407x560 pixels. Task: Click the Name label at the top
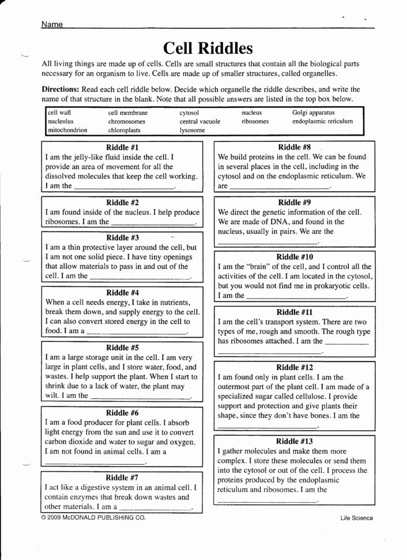pos(51,25)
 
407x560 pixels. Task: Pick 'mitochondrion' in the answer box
pos(67,130)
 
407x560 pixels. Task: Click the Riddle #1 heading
pos(123,148)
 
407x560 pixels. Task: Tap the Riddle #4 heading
pos(123,293)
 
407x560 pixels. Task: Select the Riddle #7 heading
pos(123,478)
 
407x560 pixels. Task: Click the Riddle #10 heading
pos(295,257)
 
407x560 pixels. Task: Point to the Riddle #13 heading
pos(295,442)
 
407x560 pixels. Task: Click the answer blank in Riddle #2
pos(153,222)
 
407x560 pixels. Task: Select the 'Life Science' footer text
pos(356,518)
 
